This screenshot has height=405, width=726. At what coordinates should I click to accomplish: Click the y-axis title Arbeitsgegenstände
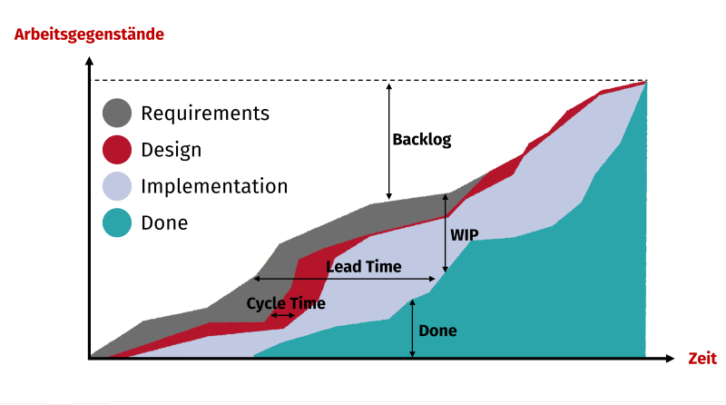[x=89, y=35]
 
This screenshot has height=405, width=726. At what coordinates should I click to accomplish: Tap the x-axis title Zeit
[x=702, y=358]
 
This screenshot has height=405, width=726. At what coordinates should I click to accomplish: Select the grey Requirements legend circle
[x=117, y=113]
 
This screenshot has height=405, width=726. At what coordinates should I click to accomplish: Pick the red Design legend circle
[x=117, y=150]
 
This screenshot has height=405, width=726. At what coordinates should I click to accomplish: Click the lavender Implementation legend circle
[x=117, y=186]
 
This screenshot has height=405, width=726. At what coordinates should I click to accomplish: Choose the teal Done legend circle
[x=117, y=222]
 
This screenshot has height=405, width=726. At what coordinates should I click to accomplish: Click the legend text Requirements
[x=205, y=114]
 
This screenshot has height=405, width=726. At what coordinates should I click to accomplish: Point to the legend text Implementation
[x=214, y=186]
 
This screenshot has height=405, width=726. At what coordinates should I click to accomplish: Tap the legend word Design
[x=172, y=151]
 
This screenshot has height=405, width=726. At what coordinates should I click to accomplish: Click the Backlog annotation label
[x=422, y=140]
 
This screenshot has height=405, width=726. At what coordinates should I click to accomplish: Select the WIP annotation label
[x=465, y=235]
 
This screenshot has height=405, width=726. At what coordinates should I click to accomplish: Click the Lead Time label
[x=364, y=266]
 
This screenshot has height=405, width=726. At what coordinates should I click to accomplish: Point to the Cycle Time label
[x=286, y=303]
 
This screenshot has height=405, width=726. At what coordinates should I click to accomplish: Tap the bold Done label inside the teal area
[x=437, y=331]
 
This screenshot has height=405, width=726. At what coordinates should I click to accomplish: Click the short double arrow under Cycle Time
[x=282, y=316]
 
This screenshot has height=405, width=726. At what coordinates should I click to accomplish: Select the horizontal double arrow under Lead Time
[x=345, y=279]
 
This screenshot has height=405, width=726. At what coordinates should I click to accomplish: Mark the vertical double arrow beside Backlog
[x=389, y=142]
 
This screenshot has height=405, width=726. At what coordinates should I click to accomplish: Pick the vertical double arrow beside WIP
[x=446, y=233]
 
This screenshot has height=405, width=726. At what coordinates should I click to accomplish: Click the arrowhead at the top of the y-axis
[x=89, y=61]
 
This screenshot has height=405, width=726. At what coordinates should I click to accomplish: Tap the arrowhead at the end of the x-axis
[x=670, y=358]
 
